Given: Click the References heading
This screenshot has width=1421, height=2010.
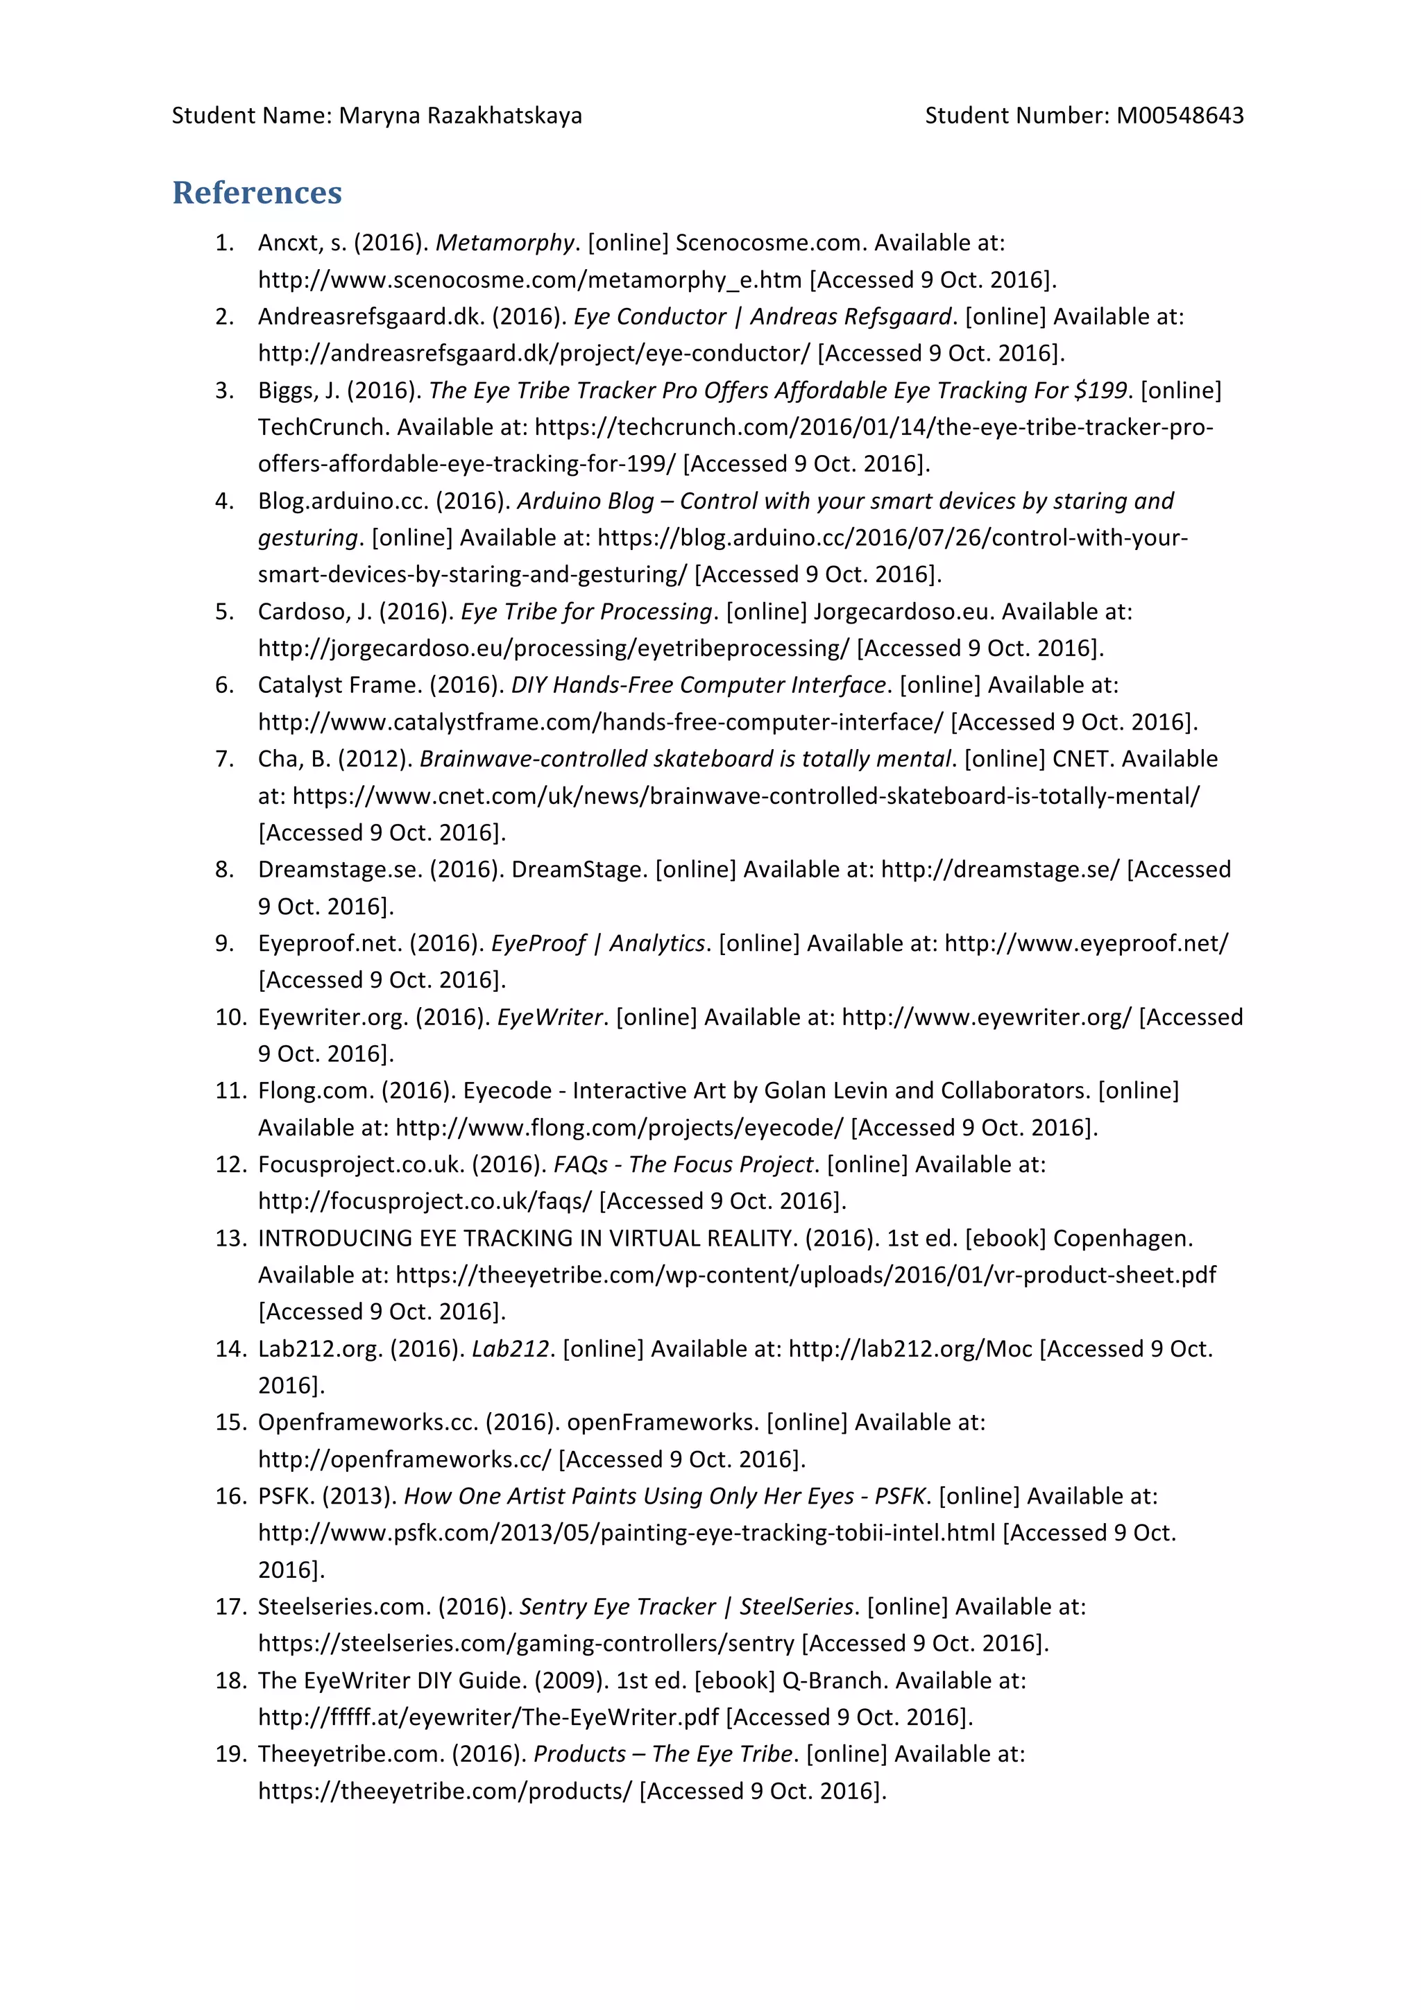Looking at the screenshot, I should pos(257,193).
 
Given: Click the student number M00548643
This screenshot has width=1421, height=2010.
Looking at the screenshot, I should pos(1180,116).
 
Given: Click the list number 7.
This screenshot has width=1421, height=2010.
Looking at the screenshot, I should pos(225,759).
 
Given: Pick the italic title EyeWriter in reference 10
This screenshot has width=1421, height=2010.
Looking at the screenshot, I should pos(550,1017).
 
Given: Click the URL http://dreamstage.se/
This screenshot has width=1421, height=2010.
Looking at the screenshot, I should pos(1000,869).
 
